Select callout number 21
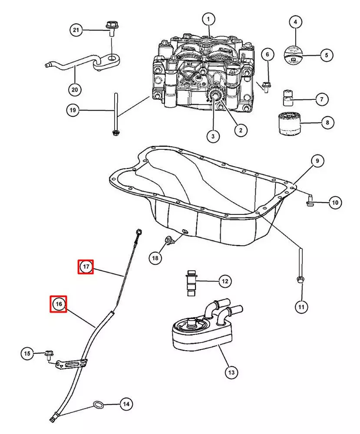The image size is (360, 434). pyautogui.click(x=76, y=30)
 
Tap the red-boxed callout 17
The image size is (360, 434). pyautogui.click(x=86, y=266)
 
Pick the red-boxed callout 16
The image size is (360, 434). pyautogui.click(x=59, y=304)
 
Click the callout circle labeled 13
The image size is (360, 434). pyautogui.click(x=231, y=372)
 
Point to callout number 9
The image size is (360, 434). pyautogui.click(x=317, y=161)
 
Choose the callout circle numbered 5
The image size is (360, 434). pyautogui.click(x=327, y=55)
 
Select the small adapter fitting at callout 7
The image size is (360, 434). pyautogui.click(x=286, y=99)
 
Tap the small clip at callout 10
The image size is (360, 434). pyautogui.click(x=309, y=200)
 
